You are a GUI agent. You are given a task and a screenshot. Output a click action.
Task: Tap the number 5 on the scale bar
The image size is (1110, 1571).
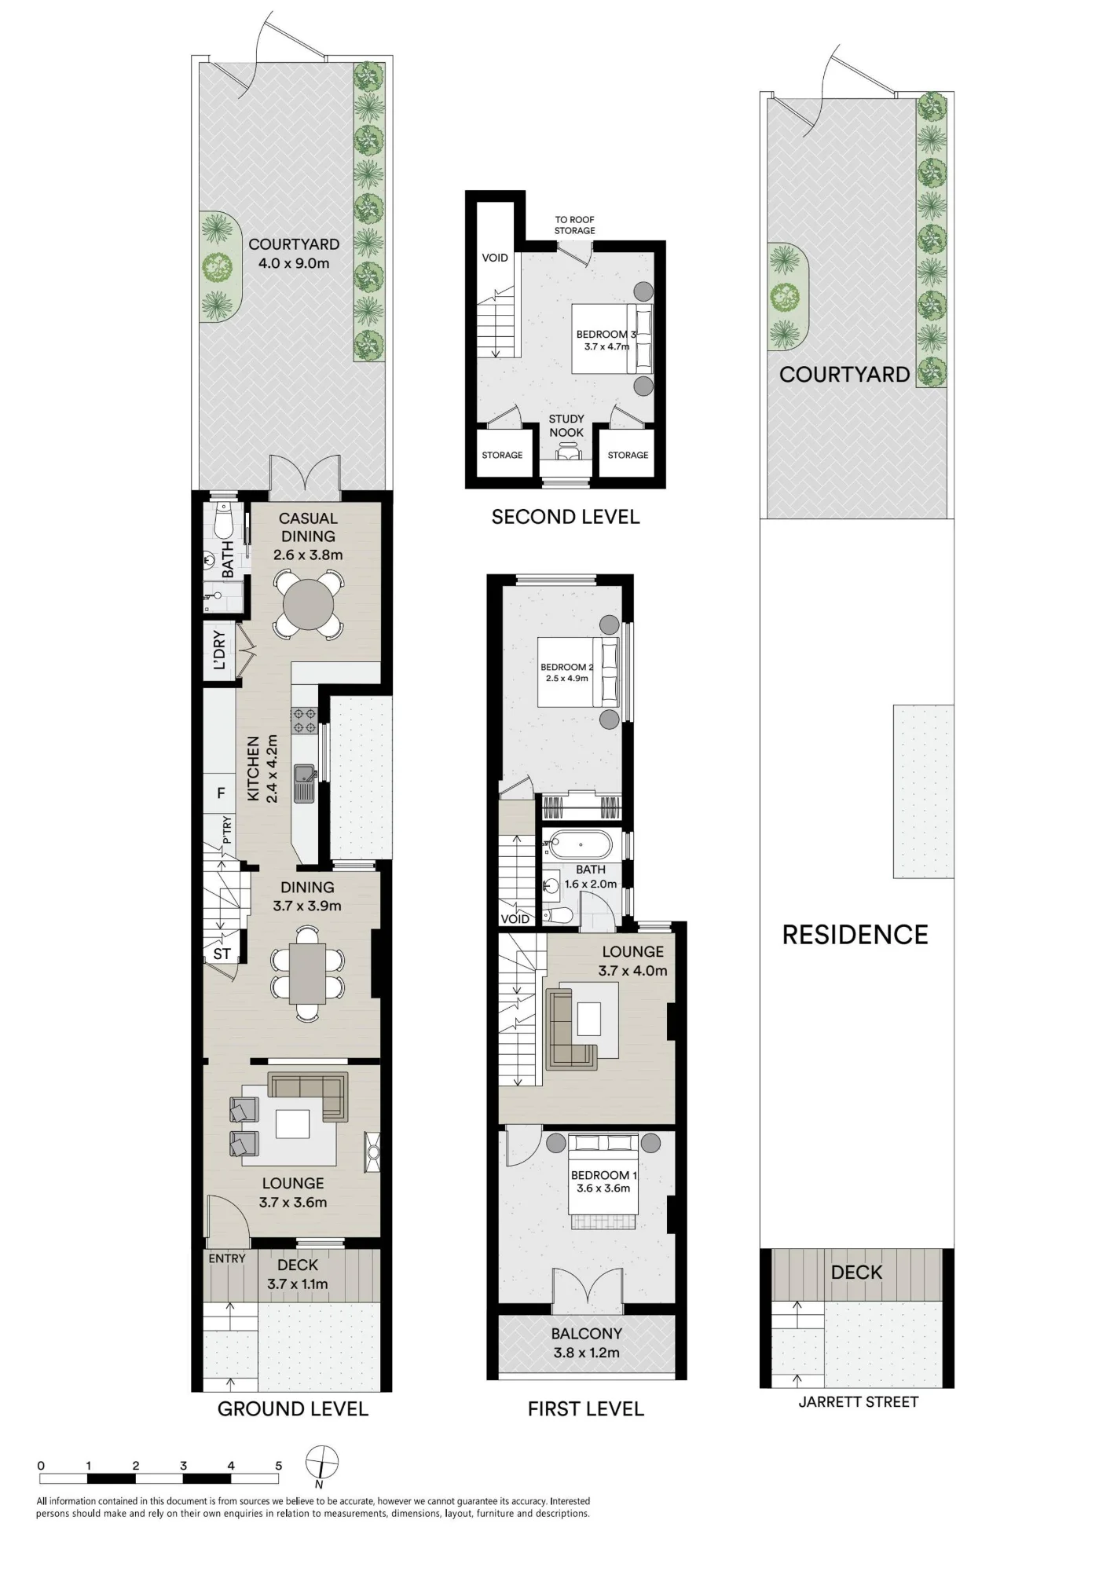click(279, 1466)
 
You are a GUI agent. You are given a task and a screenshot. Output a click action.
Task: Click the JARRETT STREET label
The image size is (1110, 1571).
click(858, 1402)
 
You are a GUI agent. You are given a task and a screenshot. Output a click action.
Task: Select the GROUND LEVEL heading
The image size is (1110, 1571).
click(293, 1409)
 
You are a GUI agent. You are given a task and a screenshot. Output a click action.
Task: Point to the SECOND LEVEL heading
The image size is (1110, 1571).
click(566, 517)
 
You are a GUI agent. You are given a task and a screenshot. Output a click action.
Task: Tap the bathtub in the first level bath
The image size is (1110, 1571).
click(581, 845)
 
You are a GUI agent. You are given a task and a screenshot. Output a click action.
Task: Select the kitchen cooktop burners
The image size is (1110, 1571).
click(304, 721)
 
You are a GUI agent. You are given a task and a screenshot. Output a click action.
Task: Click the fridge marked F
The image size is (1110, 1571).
click(221, 793)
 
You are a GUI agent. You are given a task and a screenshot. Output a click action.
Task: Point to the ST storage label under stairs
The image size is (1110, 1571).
click(222, 954)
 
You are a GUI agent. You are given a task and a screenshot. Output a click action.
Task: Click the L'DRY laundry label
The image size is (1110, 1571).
click(220, 650)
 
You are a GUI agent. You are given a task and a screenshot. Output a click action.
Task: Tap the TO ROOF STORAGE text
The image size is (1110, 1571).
click(574, 225)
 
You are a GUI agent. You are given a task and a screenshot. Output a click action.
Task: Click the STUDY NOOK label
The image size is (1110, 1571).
click(566, 426)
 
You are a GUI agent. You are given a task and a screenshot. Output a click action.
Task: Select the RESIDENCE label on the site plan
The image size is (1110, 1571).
click(855, 935)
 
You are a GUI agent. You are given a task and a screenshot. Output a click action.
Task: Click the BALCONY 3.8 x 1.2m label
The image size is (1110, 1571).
click(587, 1343)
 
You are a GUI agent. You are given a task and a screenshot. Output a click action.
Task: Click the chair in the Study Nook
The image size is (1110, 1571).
click(566, 452)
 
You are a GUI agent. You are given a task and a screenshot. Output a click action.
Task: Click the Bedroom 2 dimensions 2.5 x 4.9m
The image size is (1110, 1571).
click(567, 679)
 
